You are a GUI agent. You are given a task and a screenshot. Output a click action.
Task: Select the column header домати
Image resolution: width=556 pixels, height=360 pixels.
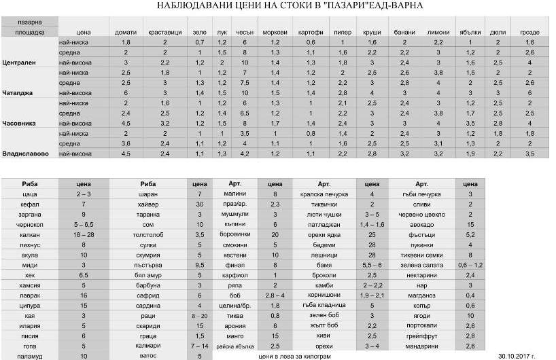point(125,32)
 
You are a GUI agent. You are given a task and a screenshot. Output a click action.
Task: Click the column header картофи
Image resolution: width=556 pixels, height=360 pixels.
point(310,32)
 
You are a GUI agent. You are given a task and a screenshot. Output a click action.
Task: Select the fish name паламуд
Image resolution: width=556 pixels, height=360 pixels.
point(29,355)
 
